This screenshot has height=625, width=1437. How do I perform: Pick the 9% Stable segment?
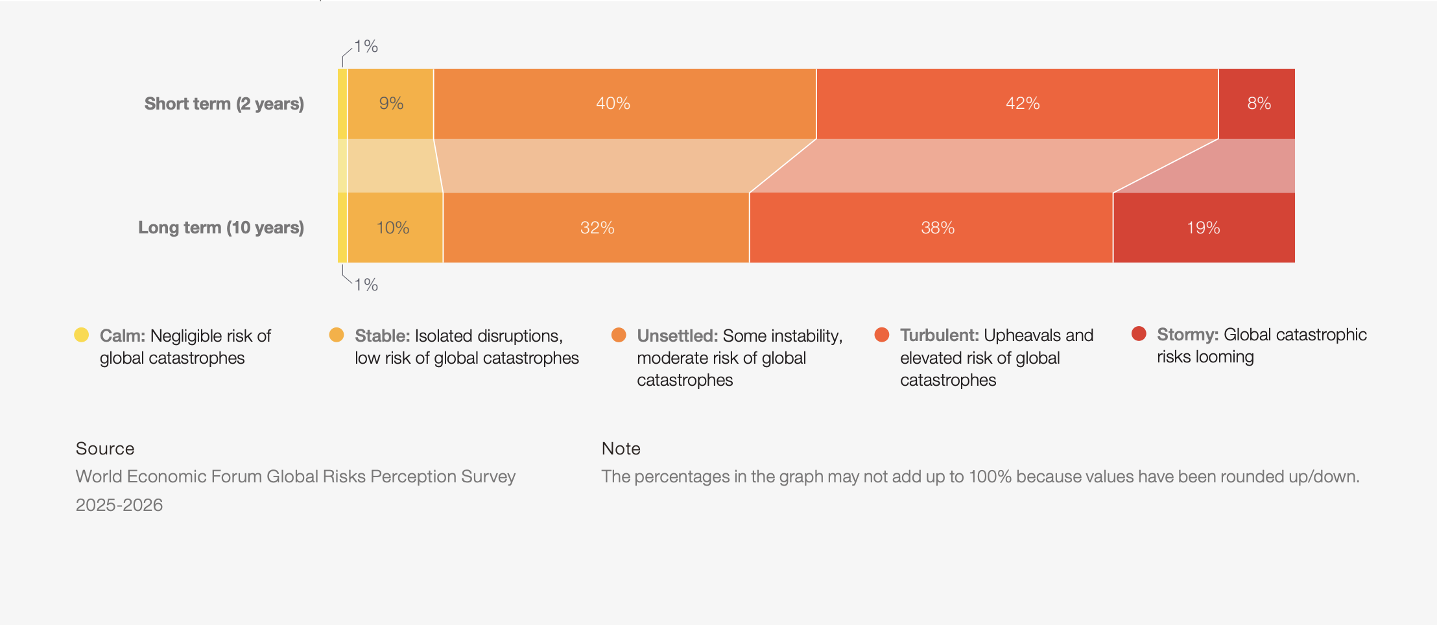click(x=390, y=104)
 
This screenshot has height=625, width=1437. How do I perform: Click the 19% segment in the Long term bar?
click(x=1204, y=228)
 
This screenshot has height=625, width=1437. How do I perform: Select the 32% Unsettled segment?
click(x=596, y=228)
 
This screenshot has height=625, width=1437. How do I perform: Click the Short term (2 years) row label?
click(x=224, y=104)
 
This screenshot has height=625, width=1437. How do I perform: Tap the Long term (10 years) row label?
click(x=220, y=228)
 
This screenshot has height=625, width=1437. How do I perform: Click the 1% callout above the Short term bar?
click(x=366, y=46)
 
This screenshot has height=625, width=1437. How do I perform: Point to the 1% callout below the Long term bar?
click(x=366, y=285)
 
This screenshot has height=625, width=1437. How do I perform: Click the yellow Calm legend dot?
click(x=81, y=335)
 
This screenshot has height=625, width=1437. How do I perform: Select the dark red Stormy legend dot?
click(x=1139, y=334)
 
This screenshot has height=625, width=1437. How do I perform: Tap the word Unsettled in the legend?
click(x=676, y=336)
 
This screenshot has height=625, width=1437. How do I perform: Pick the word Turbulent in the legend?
click(x=939, y=335)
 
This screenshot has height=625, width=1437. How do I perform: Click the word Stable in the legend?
click(x=382, y=336)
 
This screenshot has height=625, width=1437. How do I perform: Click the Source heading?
click(x=105, y=449)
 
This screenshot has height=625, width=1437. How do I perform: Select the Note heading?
click(x=621, y=449)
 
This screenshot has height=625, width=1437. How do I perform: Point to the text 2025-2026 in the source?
click(x=119, y=505)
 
